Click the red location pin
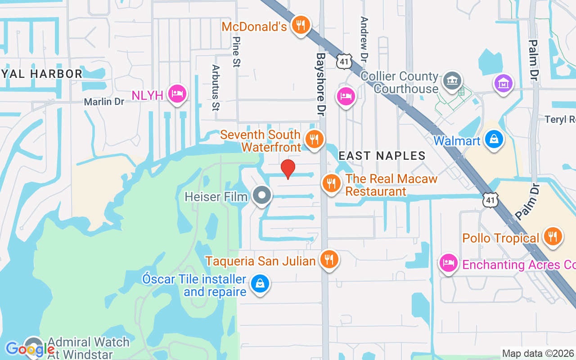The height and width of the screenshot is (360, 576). (288, 169)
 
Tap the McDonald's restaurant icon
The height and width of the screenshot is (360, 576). (300, 25)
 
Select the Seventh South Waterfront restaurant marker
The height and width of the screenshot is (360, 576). (314, 139)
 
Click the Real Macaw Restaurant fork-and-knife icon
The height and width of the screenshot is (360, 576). (331, 183)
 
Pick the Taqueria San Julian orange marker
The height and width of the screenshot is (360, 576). (329, 259)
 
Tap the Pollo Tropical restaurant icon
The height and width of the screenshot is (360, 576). (552, 236)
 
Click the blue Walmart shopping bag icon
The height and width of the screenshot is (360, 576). (494, 139)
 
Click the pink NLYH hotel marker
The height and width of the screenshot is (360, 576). (177, 94)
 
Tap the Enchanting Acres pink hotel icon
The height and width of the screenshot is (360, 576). (448, 263)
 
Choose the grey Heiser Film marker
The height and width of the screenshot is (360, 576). (261, 196)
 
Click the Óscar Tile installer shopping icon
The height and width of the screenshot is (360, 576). (260, 283)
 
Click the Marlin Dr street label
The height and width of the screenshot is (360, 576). (104, 102)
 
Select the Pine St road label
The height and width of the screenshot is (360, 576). (236, 52)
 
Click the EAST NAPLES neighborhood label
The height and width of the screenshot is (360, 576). (382, 156)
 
